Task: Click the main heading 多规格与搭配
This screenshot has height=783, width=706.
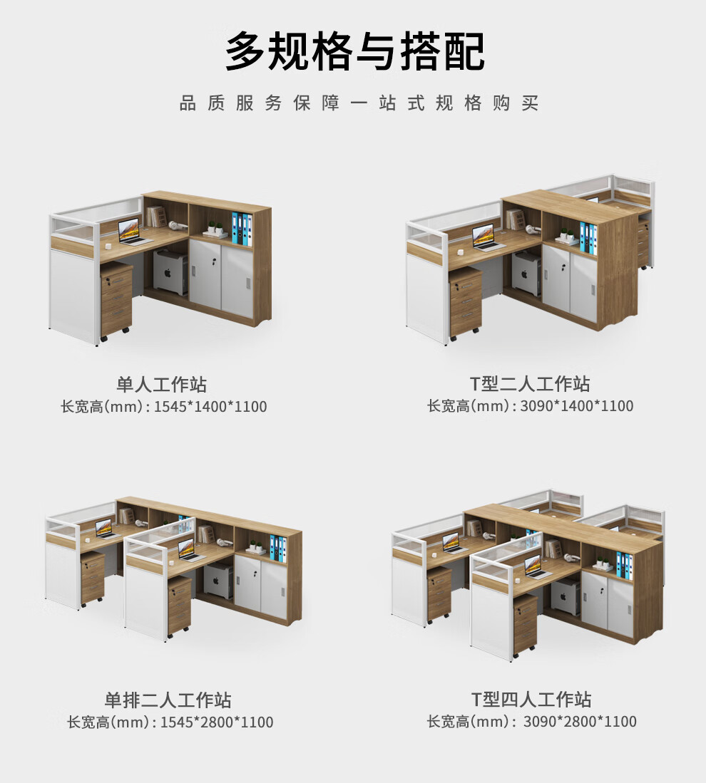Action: point(354,51)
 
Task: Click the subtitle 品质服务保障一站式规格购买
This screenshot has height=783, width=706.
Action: point(358,103)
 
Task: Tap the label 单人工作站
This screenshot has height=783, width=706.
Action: point(162,385)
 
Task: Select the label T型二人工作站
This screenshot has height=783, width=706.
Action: point(530,383)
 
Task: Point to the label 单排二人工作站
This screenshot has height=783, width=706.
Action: point(168,700)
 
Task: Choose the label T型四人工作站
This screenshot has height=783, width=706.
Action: point(531,699)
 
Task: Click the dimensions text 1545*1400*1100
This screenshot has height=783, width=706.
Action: point(210,408)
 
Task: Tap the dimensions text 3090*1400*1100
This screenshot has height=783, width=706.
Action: point(576,406)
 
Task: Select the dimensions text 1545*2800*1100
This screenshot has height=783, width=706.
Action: point(216,722)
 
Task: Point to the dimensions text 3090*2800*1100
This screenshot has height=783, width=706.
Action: point(579,722)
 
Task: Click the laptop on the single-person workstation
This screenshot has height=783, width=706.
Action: point(132,232)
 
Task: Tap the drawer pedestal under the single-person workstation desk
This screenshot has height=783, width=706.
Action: point(116,299)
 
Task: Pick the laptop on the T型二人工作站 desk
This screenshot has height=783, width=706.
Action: point(488,237)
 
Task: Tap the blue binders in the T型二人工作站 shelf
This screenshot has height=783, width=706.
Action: point(588,237)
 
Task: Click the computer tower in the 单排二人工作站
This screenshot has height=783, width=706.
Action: point(218,579)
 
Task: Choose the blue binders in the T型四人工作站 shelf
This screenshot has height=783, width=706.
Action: point(624,564)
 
